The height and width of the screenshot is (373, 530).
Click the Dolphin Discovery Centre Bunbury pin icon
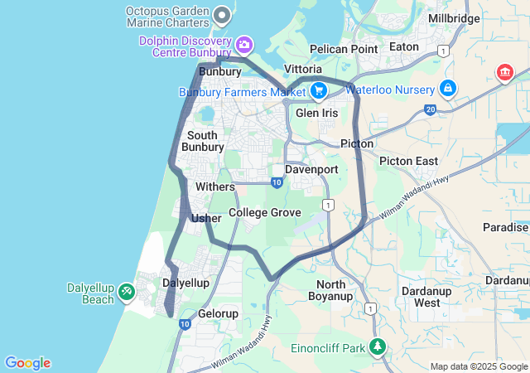(x=244, y=44)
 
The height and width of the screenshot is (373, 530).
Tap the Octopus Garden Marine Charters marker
(x=222, y=14)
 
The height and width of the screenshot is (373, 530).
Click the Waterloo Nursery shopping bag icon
(x=448, y=87)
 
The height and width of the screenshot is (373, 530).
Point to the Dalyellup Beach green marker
(x=126, y=292)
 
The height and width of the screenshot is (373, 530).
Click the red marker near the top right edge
(x=503, y=74)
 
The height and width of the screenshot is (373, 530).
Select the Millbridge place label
(x=454, y=18)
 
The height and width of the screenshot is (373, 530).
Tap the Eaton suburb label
(x=404, y=47)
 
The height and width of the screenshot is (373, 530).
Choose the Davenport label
(x=311, y=169)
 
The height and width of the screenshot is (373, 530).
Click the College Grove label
(x=265, y=213)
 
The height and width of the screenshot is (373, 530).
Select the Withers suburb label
(x=215, y=186)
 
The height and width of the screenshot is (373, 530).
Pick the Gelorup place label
(x=219, y=314)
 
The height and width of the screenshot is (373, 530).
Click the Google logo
(x=27, y=363)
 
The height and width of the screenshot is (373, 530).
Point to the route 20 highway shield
(x=430, y=109)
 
